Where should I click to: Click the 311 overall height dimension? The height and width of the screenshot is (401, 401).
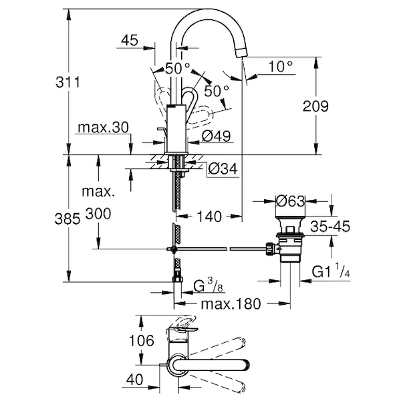point(68,82)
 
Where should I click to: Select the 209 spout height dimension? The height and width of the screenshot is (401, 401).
point(315,106)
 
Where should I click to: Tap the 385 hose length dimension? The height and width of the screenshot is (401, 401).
point(68,219)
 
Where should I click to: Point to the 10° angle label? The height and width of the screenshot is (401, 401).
point(281,66)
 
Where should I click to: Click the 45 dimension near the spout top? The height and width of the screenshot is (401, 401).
point(130,40)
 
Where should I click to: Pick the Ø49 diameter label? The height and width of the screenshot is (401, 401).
point(216,136)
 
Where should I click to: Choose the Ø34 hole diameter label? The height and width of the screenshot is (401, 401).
point(223,168)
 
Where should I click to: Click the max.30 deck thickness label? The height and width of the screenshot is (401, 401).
point(103,127)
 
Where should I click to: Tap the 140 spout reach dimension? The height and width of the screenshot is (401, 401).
point(209,217)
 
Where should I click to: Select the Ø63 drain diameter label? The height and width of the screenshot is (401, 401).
point(290,201)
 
